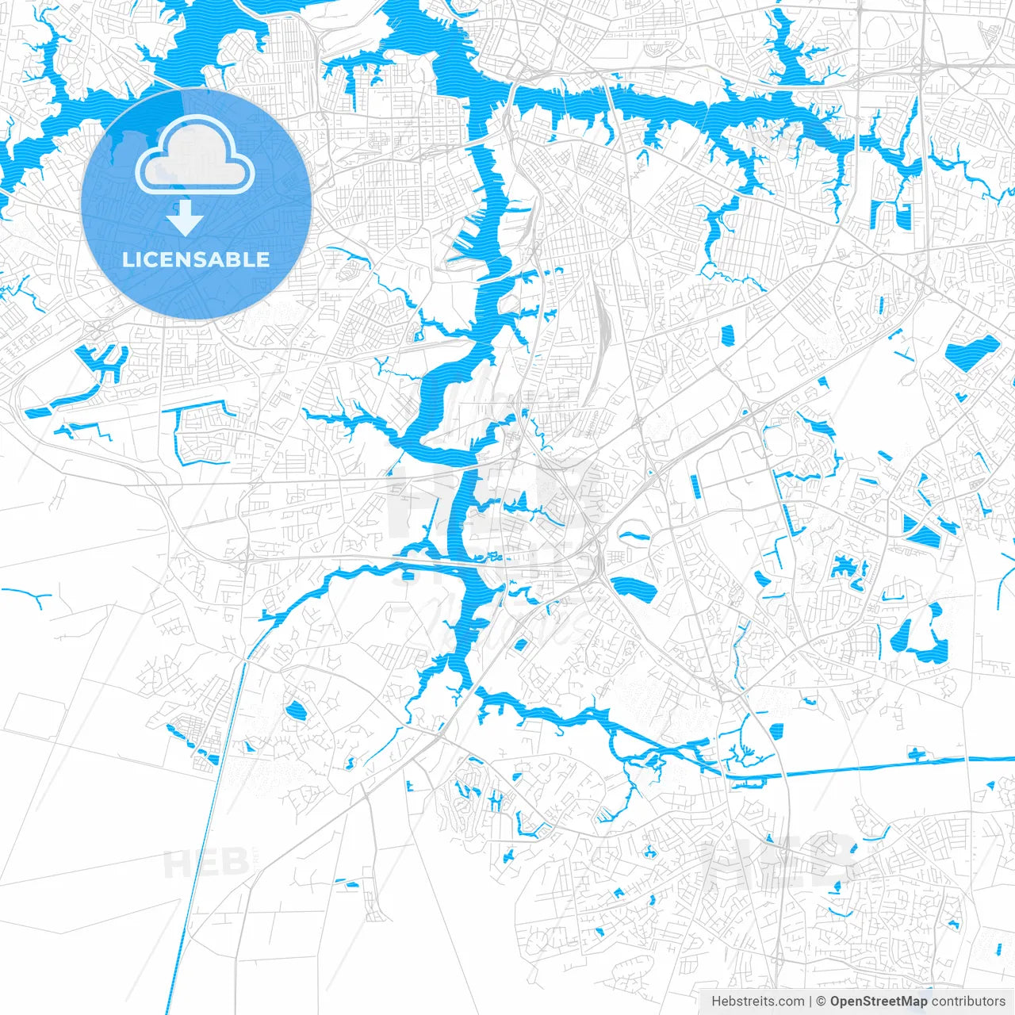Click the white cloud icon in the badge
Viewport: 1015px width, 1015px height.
195,156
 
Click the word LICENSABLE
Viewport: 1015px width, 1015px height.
196,259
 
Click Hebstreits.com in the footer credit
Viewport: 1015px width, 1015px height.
757,1001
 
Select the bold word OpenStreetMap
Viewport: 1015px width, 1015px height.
879,1001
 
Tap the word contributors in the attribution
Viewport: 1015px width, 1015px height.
968,1001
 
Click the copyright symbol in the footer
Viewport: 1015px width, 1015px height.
822,1001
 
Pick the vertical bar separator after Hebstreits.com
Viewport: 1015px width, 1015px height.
810,1001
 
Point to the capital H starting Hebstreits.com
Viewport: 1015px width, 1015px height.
716,1001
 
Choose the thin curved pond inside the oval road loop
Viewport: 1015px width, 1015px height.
634,535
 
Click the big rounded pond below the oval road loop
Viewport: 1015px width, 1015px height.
632,588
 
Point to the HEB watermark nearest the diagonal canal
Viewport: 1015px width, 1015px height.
194,863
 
